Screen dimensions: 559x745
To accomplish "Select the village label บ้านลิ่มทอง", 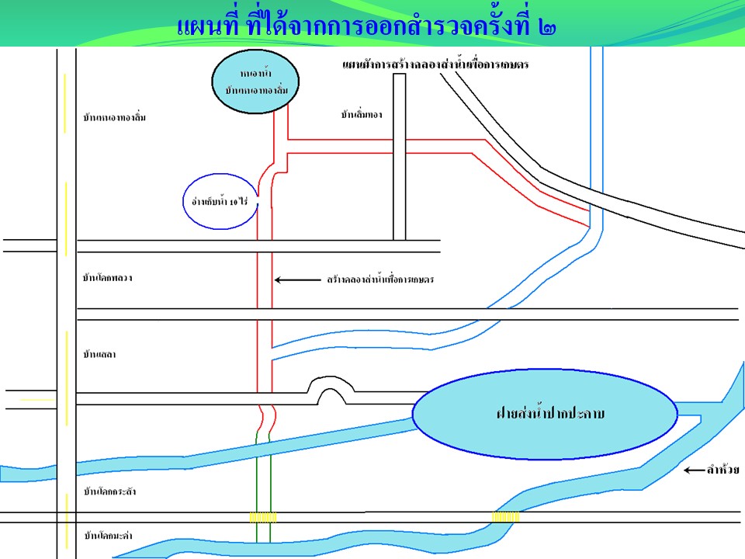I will pyautogui.click(x=362, y=115).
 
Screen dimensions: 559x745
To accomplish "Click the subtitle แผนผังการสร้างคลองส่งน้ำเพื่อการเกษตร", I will pyautogui.click(x=435, y=65).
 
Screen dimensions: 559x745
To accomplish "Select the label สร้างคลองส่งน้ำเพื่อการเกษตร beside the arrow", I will pyautogui.click(x=379, y=279).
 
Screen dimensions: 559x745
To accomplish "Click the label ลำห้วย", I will pyautogui.click(x=722, y=470).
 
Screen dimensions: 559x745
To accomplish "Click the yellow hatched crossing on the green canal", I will pyautogui.click(x=263, y=517).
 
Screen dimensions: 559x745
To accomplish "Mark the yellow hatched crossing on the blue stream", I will pyautogui.click(x=506, y=517).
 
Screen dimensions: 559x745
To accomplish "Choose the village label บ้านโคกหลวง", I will pyautogui.click(x=107, y=277).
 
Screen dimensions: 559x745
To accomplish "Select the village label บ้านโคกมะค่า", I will pyautogui.click(x=108, y=536).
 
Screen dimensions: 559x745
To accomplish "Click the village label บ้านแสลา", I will pyautogui.click(x=99, y=355).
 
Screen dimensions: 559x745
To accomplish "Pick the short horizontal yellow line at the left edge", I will pyautogui.click(x=37, y=399).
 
